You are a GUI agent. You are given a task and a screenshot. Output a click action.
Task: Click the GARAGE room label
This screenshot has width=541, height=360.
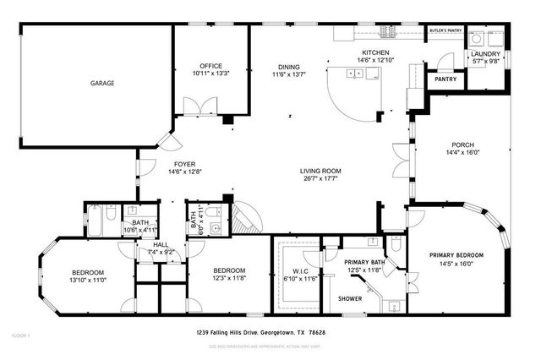tap(103, 83)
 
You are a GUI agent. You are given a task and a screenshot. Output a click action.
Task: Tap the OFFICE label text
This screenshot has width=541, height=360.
tap(210, 66)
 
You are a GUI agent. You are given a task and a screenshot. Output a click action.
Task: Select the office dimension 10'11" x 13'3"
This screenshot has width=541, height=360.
tap(210, 74)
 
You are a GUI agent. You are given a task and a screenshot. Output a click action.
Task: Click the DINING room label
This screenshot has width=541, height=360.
tap(290, 66)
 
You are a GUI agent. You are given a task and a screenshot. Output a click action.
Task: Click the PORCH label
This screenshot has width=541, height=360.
tap(462, 144)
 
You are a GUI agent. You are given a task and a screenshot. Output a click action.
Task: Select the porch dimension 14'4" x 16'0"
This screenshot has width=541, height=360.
tap(462, 152)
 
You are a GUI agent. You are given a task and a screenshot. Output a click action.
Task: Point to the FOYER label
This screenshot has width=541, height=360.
tap(186, 164)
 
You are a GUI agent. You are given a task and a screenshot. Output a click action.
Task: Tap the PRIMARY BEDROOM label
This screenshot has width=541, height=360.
tap(456, 255)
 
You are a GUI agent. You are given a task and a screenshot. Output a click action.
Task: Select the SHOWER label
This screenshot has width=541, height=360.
tap(350, 298)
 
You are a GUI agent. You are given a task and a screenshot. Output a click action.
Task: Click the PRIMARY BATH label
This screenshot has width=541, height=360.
tap(365, 262)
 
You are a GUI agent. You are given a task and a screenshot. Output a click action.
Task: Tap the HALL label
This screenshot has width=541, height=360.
tap(160, 244)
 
